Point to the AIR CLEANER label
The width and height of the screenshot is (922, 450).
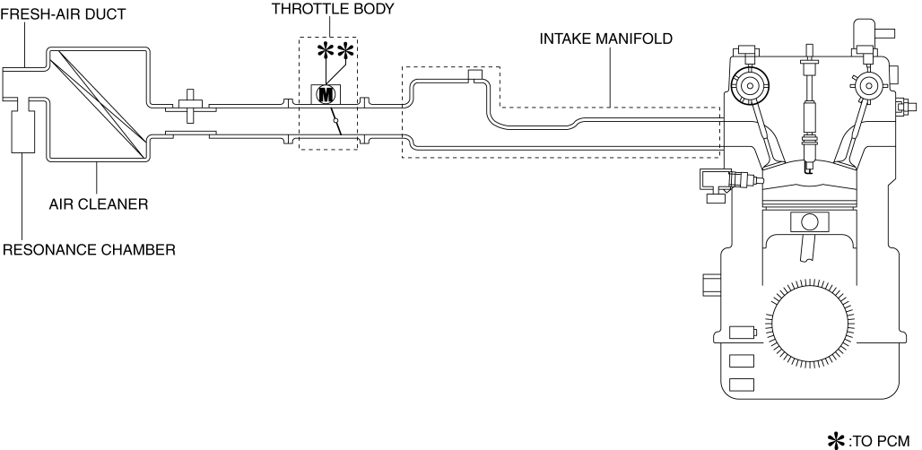99,203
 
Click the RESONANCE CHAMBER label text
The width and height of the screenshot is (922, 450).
88,249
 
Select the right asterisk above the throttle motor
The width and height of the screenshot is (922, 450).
344,52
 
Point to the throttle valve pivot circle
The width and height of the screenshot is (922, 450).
335,120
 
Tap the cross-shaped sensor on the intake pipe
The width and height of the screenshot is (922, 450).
189,106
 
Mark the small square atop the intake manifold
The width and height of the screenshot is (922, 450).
475,74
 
